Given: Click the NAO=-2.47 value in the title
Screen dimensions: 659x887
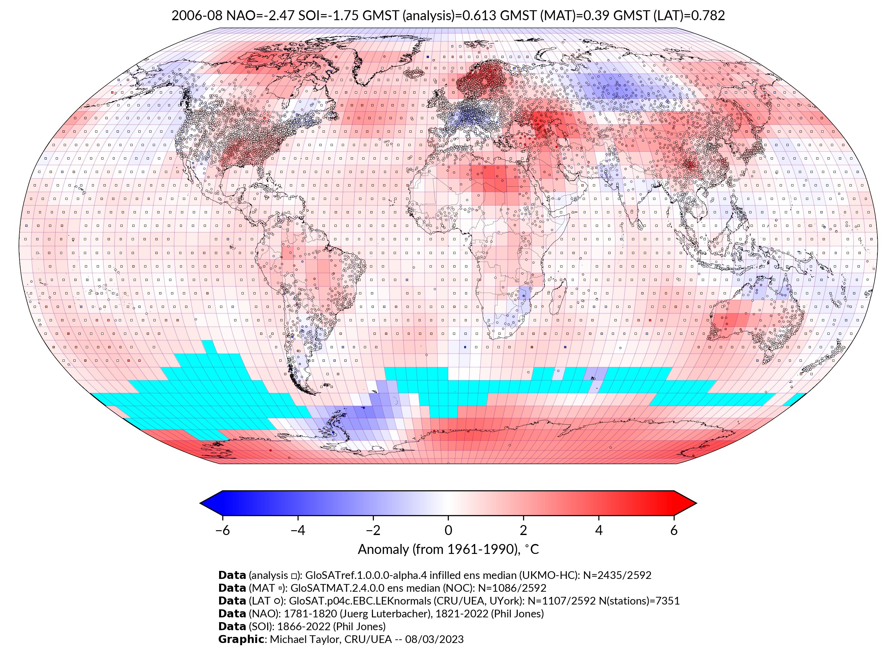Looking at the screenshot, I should click(x=260, y=16).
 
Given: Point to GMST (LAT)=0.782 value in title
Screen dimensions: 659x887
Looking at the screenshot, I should click(x=669, y=16).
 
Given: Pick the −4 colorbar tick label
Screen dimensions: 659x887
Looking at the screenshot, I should click(x=298, y=530).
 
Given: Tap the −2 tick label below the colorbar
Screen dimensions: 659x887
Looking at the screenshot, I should click(x=373, y=530).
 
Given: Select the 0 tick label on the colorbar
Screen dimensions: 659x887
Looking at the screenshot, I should click(x=448, y=530).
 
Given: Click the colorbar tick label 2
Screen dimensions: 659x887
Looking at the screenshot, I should click(x=523, y=530).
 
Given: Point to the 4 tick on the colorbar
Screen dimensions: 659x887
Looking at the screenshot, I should click(x=599, y=530).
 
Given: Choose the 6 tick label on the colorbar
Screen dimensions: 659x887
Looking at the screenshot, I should click(x=674, y=530).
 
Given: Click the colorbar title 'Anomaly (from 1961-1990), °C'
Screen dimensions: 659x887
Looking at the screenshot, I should click(x=448, y=549).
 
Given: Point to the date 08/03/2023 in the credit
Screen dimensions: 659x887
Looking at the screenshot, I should click(x=434, y=639).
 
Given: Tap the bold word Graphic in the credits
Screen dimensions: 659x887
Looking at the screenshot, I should click(x=241, y=639).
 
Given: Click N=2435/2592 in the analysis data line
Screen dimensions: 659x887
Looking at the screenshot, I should click(x=617, y=575).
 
